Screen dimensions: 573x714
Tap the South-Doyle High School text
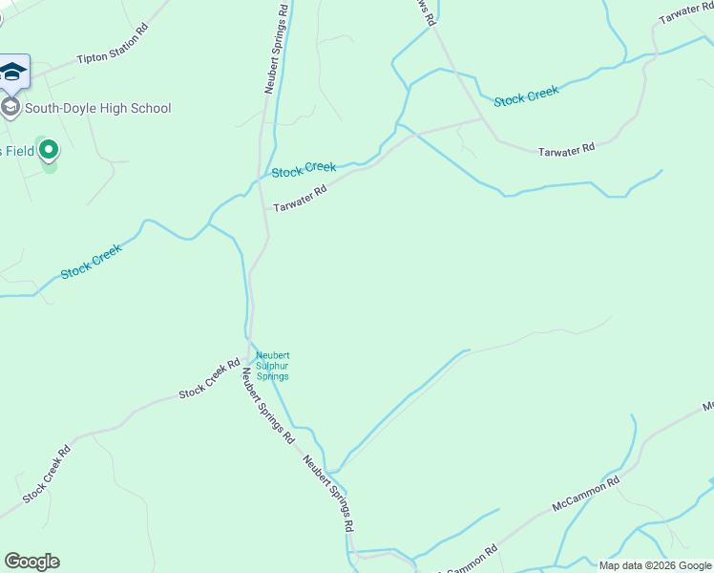click(97, 108)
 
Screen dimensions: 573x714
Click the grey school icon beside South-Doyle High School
click(10, 107)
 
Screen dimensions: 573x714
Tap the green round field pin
click(48, 150)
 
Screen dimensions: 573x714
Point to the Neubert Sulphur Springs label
click(272, 367)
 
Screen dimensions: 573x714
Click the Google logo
click(31, 562)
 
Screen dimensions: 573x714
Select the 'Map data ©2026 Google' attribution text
click(655, 565)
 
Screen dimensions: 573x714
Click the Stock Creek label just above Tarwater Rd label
click(304, 170)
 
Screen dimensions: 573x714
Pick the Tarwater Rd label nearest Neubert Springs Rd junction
click(300, 199)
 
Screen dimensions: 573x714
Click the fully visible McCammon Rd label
click(586, 494)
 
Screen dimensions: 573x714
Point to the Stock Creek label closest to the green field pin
click(92, 262)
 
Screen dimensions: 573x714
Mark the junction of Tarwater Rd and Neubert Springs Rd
click(265, 208)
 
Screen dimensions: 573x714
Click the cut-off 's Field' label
click(17, 151)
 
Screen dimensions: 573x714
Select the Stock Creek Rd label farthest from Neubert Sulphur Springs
click(48, 474)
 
